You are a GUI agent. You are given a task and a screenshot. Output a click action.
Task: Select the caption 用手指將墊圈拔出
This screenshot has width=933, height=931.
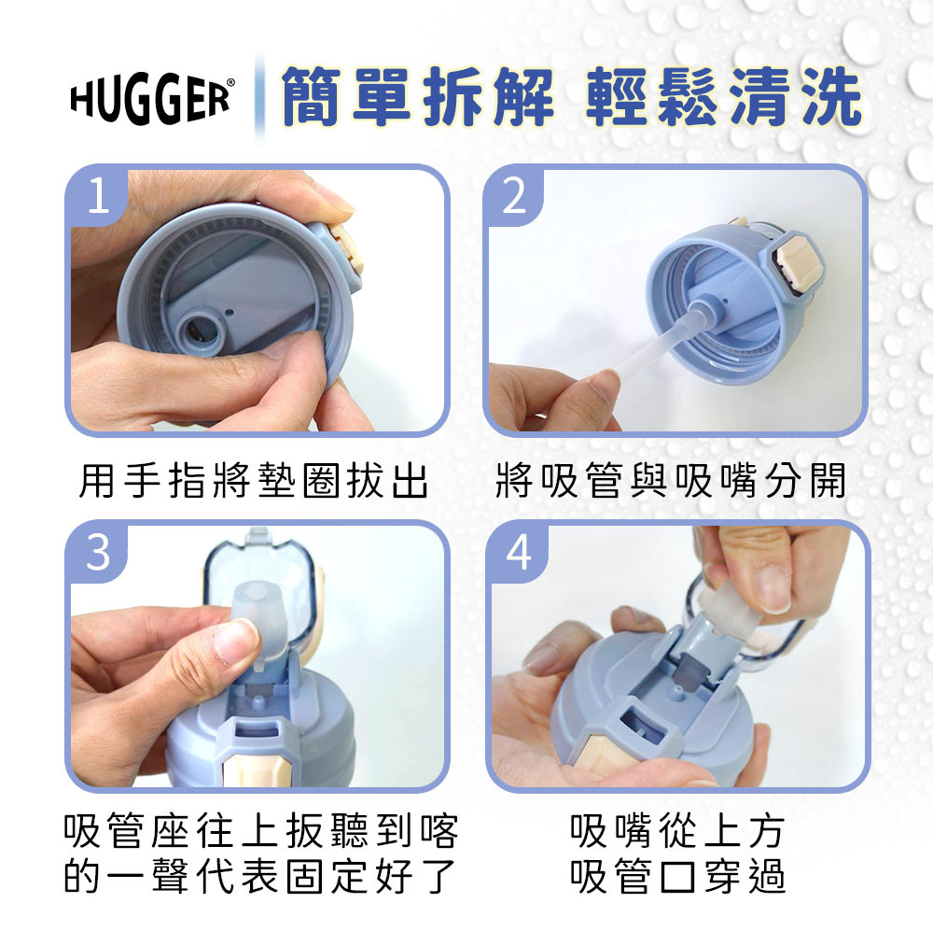pyautogui.click(x=254, y=482)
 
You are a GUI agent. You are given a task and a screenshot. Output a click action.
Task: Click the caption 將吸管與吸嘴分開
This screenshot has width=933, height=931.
pyautogui.click(x=672, y=482)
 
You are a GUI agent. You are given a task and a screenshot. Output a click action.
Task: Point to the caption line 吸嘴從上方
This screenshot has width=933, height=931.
pyautogui.click(x=677, y=828)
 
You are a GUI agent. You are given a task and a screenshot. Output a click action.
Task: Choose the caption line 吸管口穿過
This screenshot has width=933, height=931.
pyautogui.click(x=677, y=877)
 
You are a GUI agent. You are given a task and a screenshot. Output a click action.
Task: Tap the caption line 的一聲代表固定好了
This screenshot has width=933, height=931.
pyautogui.click(x=261, y=877)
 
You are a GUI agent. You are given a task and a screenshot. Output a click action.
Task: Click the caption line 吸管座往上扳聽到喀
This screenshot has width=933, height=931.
pyautogui.click(x=261, y=828)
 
